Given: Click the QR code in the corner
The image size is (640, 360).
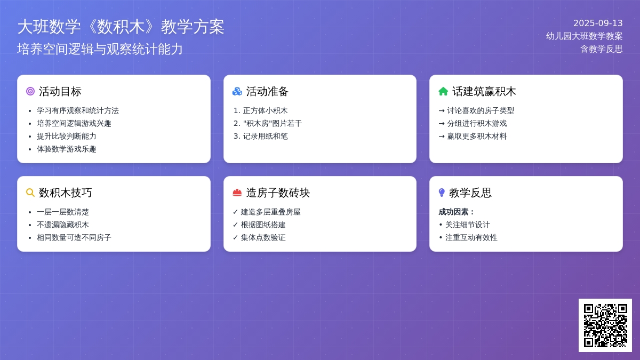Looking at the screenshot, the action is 605,325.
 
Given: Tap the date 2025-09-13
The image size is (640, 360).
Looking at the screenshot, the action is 598,23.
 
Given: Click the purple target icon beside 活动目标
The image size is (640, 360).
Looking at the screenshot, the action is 30,91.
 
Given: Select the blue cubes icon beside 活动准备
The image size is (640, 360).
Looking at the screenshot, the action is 237,91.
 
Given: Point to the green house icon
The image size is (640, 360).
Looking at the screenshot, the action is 443,91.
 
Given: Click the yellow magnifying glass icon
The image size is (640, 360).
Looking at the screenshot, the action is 30,193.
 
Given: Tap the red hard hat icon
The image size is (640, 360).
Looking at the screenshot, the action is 237,193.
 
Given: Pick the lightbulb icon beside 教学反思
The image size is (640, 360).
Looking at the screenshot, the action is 442,193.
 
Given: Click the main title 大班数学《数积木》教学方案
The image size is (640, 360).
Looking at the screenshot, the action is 121,27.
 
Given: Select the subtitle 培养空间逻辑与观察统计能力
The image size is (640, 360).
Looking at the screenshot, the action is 100,49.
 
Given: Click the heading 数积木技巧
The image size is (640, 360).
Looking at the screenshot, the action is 66,193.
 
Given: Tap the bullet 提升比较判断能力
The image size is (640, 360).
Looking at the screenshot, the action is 66,137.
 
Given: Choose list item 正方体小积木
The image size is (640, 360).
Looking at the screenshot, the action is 265,110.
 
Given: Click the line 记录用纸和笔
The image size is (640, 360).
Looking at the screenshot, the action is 265,137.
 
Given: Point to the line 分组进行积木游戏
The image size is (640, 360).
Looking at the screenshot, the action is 477,123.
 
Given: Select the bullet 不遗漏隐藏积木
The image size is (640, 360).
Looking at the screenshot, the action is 62,225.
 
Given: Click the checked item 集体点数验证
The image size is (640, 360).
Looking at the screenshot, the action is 263,238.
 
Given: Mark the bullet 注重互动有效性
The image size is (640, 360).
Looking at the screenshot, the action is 471,238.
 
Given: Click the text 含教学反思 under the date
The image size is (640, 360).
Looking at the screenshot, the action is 602,49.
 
